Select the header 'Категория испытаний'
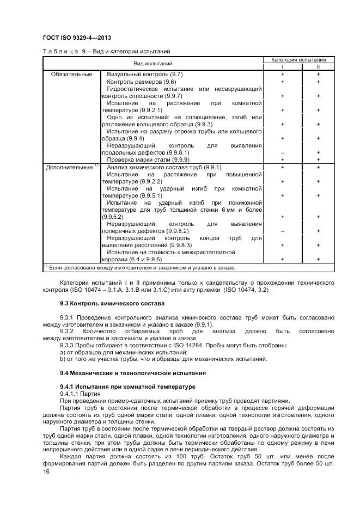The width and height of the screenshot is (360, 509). tap(298, 59)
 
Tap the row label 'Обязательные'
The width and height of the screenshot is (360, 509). tap(71, 73)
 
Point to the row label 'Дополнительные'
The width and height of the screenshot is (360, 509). tap(70, 168)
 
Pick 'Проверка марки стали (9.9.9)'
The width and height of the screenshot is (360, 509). tap(148, 160)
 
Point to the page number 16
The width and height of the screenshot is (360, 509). tap(46, 474)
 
